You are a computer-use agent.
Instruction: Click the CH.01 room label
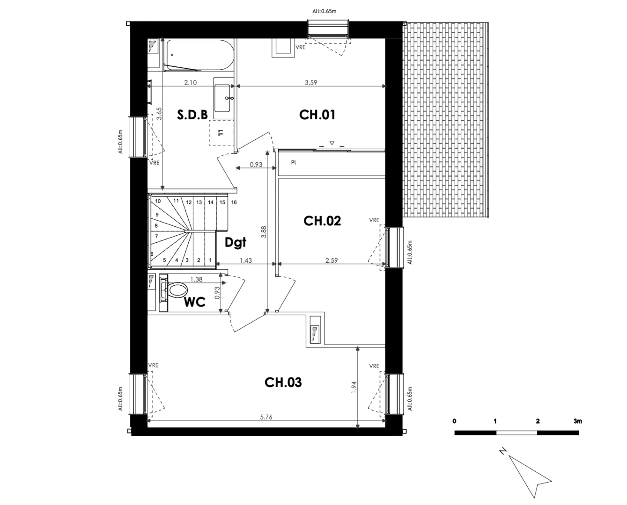click(317, 115)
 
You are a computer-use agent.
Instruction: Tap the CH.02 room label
click(322, 221)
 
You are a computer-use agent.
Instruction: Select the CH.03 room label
click(283, 382)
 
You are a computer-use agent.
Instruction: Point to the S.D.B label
click(192, 115)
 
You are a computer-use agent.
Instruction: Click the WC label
click(195, 302)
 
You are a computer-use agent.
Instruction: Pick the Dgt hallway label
click(236, 242)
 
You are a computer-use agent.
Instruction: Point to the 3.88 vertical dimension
click(264, 233)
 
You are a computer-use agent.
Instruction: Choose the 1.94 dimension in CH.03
click(354, 388)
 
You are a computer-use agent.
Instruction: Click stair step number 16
click(234, 202)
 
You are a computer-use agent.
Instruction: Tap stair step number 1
click(210, 260)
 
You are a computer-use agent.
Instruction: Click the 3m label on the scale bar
click(578, 421)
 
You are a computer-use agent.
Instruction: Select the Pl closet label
click(294, 163)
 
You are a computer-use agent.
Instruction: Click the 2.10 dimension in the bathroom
click(190, 83)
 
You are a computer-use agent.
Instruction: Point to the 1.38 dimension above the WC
click(196, 279)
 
